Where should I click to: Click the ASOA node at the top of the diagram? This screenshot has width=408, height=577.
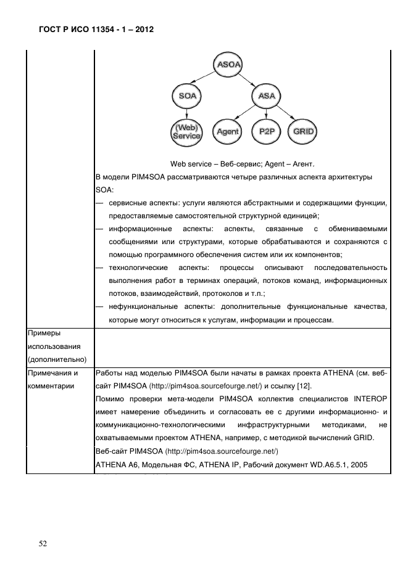(x=228, y=63)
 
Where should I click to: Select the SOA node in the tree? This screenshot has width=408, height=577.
(x=188, y=96)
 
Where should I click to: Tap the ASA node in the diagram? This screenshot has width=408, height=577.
(x=267, y=96)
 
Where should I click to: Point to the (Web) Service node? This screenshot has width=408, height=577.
(x=187, y=131)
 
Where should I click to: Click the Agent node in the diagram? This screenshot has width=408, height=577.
(x=228, y=132)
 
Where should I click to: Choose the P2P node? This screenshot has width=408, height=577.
(x=266, y=132)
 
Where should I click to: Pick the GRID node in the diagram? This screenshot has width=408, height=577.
(x=303, y=132)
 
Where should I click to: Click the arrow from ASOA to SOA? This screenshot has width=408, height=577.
(x=206, y=80)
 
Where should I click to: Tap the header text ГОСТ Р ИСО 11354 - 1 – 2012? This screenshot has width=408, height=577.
(x=89, y=29)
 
